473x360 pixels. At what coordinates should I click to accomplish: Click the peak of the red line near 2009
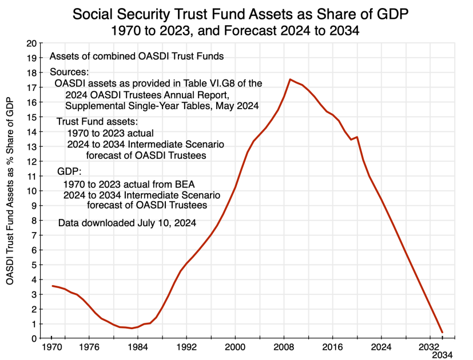(x=291, y=79)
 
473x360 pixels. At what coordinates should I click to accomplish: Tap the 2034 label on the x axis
(x=442, y=355)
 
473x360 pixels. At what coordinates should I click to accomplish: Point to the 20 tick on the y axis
(x=32, y=43)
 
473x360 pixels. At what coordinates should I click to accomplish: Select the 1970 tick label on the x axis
(x=52, y=347)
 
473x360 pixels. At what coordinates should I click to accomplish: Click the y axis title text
(x=10, y=190)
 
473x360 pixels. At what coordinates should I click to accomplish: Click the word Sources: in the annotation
(x=69, y=72)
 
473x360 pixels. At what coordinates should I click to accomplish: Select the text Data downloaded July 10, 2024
(x=127, y=223)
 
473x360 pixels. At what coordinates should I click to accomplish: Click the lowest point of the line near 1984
(x=132, y=328)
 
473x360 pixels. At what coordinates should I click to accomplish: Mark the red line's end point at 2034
(x=442, y=332)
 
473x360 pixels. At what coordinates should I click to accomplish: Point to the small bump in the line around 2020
(x=357, y=137)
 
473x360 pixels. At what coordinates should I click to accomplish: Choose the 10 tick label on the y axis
(x=32, y=191)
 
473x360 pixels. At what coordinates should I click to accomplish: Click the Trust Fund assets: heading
(x=97, y=122)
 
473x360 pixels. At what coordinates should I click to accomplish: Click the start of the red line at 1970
(x=52, y=286)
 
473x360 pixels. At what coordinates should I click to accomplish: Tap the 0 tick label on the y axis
(x=34, y=338)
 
